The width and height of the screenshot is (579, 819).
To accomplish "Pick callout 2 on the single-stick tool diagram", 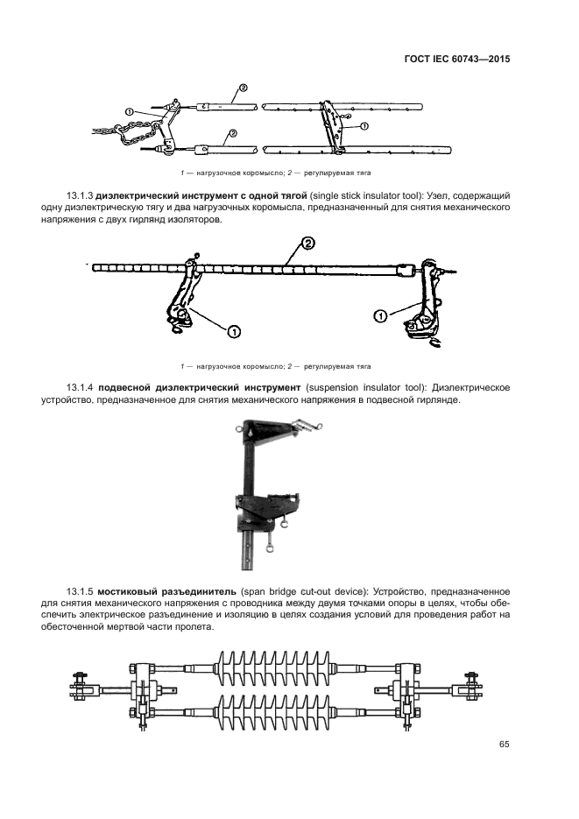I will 307,242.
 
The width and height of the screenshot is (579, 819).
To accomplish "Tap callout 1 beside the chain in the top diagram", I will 129,111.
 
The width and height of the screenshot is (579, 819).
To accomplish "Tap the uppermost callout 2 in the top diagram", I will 242,88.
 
